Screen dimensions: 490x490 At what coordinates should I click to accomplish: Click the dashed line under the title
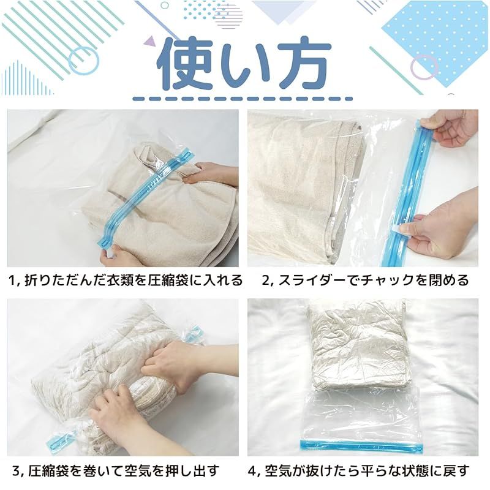[243, 99]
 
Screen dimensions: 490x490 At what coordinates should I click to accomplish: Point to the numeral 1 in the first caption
[12, 281]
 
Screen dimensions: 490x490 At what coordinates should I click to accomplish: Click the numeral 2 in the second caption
[266, 281]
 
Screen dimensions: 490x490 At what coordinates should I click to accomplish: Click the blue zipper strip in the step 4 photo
[361, 445]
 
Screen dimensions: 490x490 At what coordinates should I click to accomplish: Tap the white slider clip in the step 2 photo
[401, 230]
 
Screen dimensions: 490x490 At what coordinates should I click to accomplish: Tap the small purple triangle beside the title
[150, 42]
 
